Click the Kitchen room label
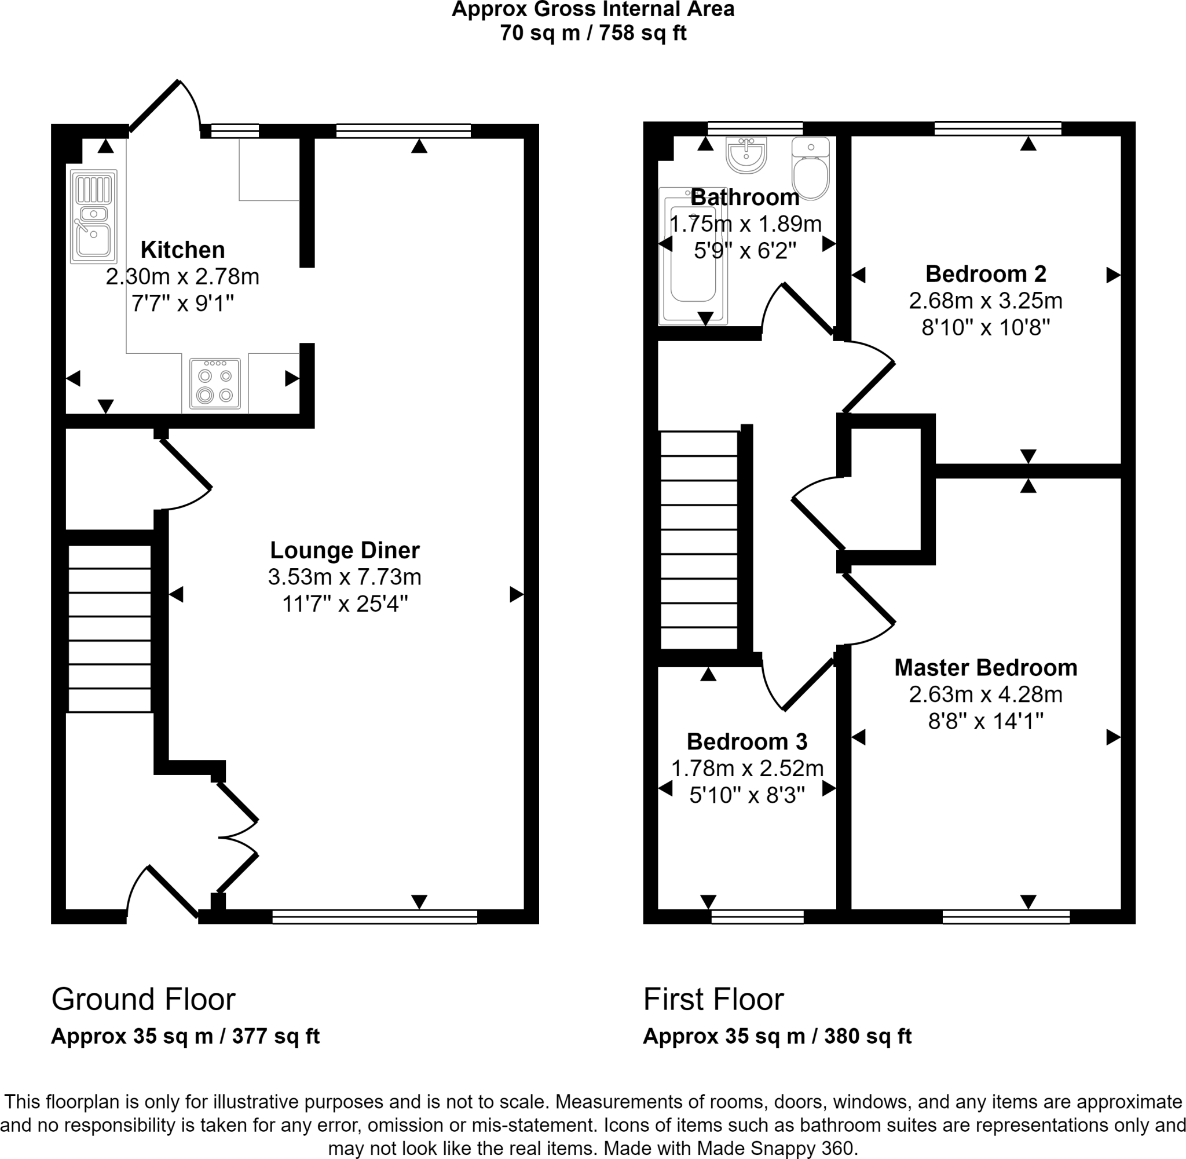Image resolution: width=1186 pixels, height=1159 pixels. coord(182,250)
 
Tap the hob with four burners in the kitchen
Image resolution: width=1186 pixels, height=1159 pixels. coord(215,383)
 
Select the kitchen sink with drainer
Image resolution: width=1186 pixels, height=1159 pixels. coord(94,217)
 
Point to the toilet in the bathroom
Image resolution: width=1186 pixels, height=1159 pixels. coord(811,168)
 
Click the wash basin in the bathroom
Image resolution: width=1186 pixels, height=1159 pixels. coord(746,155)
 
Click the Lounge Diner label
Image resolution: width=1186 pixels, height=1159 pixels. coord(345,550)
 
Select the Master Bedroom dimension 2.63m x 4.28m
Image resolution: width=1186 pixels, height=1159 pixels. coord(985,694)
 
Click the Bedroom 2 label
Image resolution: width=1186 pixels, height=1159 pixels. coord(985,274)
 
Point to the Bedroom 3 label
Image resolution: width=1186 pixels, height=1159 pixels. coord(746,741)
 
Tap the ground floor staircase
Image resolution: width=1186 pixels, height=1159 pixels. coord(109,628)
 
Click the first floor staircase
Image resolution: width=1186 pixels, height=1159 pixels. coord(699,540)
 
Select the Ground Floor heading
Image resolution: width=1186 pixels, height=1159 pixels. coord(143,1000)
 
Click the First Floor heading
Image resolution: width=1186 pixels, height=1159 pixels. coord(713,1000)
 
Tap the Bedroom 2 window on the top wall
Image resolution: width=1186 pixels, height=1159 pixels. coord(997,129)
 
